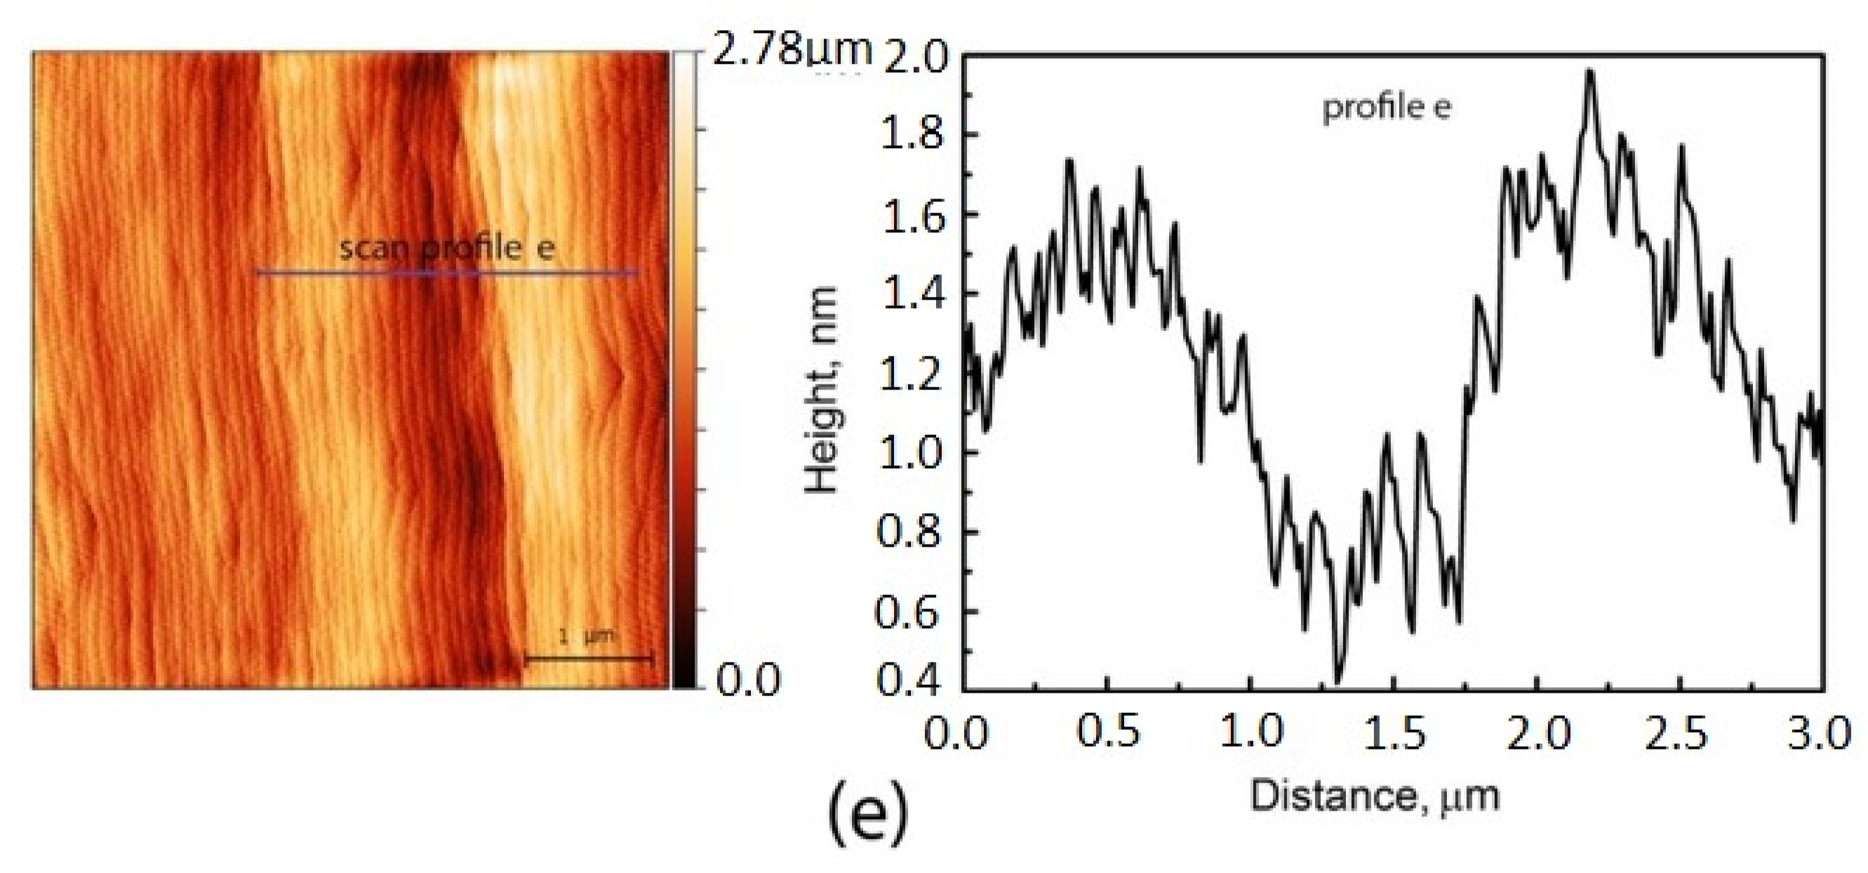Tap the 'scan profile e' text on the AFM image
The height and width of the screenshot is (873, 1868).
448,248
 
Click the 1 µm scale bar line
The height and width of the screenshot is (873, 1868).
589,658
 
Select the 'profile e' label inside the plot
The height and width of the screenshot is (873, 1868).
1387,108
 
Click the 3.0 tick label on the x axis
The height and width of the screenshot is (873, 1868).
1821,735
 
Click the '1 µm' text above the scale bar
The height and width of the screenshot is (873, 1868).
588,637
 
